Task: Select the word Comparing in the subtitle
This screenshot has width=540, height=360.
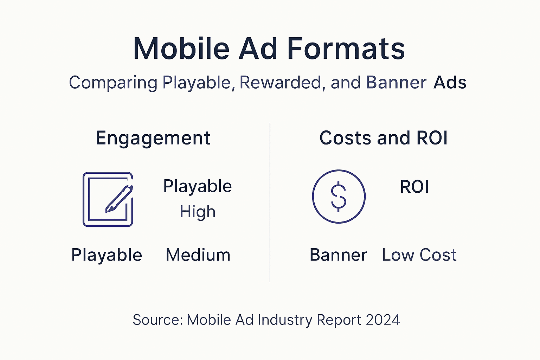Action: pos(113,83)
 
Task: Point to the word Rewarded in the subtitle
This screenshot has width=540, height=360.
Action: pos(281,83)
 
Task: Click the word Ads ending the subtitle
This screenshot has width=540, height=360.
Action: pos(450,83)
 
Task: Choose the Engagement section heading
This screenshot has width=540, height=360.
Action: pos(153,138)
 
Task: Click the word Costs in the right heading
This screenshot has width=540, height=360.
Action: pos(345,138)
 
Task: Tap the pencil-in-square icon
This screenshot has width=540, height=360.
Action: pos(108,199)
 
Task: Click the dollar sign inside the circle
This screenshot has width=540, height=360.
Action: pos(339,197)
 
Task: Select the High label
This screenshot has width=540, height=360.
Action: pos(197,212)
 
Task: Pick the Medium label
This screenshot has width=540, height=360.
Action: pos(198,255)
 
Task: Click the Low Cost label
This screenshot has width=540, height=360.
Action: pos(419,255)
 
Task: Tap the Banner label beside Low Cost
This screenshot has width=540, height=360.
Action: pos(338,255)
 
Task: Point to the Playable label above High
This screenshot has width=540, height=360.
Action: pos(197,186)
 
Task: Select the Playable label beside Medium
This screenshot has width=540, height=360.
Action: pos(107,255)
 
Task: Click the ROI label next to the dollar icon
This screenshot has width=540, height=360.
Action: pos(414,187)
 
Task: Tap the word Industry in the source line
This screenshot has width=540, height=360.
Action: pos(285,320)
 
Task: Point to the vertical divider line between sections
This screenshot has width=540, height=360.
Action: pos(270,202)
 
